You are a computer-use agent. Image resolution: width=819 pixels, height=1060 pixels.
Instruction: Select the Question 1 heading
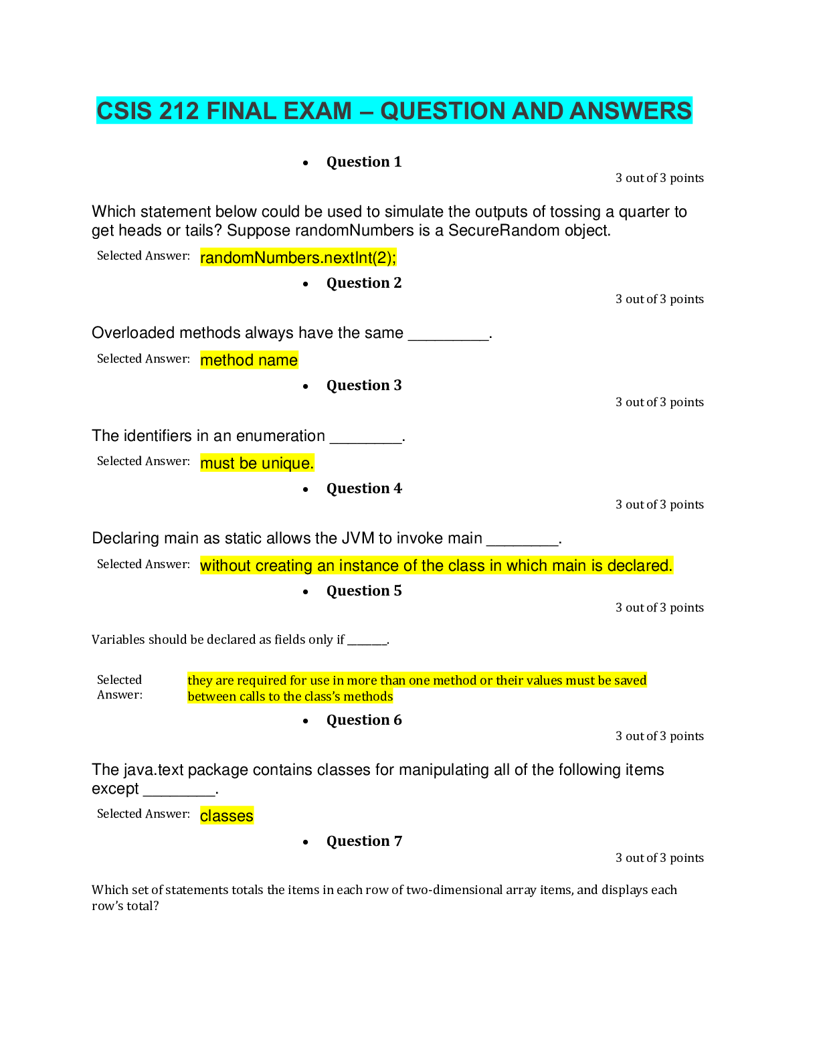click(x=363, y=162)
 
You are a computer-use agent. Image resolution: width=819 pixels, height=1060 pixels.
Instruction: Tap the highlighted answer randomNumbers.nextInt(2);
click(x=298, y=258)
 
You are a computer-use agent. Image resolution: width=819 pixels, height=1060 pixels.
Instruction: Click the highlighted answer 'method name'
click(x=249, y=360)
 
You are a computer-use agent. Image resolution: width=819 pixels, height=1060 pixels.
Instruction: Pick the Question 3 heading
click(x=363, y=385)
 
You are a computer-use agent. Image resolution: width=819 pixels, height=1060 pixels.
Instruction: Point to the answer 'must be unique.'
click(x=257, y=463)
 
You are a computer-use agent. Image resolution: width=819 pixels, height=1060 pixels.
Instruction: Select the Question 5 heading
click(x=363, y=591)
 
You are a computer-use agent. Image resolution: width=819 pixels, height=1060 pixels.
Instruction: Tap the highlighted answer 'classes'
click(x=226, y=816)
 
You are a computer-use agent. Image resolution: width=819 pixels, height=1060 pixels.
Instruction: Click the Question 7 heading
click(x=363, y=841)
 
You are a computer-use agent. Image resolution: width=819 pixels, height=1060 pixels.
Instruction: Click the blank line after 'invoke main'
click(x=522, y=541)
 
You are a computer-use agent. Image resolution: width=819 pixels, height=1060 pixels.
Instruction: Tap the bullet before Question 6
click(x=306, y=721)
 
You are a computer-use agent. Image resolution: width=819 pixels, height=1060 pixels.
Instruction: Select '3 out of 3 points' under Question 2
click(x=659, y=299)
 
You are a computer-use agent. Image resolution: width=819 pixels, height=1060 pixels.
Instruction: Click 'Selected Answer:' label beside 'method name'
click(x=143, y=359)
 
